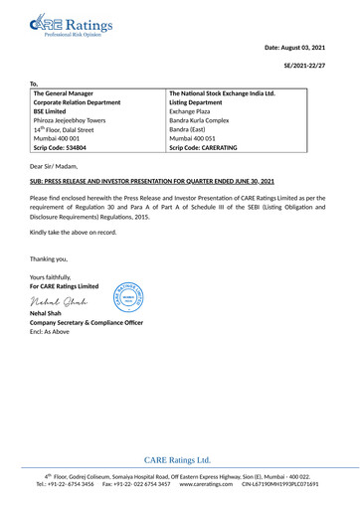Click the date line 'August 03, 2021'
click(x=296, y=48)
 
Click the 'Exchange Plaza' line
click(x=194, y=111)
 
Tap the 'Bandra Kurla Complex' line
click(x=204, y=120)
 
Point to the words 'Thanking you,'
click(x=50, y=257)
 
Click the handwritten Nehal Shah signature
click(x=58, y=301)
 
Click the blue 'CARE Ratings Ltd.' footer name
click(x=178, y=460)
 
